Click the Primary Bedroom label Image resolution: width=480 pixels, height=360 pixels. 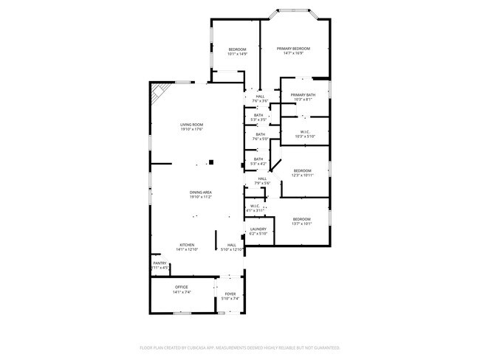click(x=293, y=49)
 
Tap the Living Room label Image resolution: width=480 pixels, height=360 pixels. click(x=191, y=125)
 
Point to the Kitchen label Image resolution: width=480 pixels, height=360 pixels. click(x=188, y=244)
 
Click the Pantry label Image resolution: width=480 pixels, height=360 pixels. click(x=160, y=263)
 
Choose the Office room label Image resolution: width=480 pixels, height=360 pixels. click(x=182, y=287)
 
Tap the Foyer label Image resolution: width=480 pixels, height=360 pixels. click(x=230, y=294)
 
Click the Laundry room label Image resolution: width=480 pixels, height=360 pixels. click(x=258, y=229)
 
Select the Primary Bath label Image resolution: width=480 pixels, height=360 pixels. click(x=303, y=95)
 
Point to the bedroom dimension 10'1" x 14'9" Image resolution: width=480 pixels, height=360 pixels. click(x=237, y=54)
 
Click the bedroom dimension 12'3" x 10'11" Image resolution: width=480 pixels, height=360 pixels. click(x=303, y=175)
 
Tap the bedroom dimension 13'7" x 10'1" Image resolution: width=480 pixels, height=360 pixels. click(x=301, y=224)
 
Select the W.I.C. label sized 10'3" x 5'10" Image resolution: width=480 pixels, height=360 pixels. click(x=303, y=136)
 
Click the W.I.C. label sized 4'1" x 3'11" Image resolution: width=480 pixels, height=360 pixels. click(x=255, y=210)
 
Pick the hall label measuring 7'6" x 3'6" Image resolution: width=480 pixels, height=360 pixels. click(x=260, y=100)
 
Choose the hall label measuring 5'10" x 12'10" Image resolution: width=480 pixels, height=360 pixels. click(x=232, y=249)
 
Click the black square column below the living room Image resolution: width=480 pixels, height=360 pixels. click(x=212, y=162)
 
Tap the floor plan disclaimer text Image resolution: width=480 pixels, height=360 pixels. click(x=240, y=347)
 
